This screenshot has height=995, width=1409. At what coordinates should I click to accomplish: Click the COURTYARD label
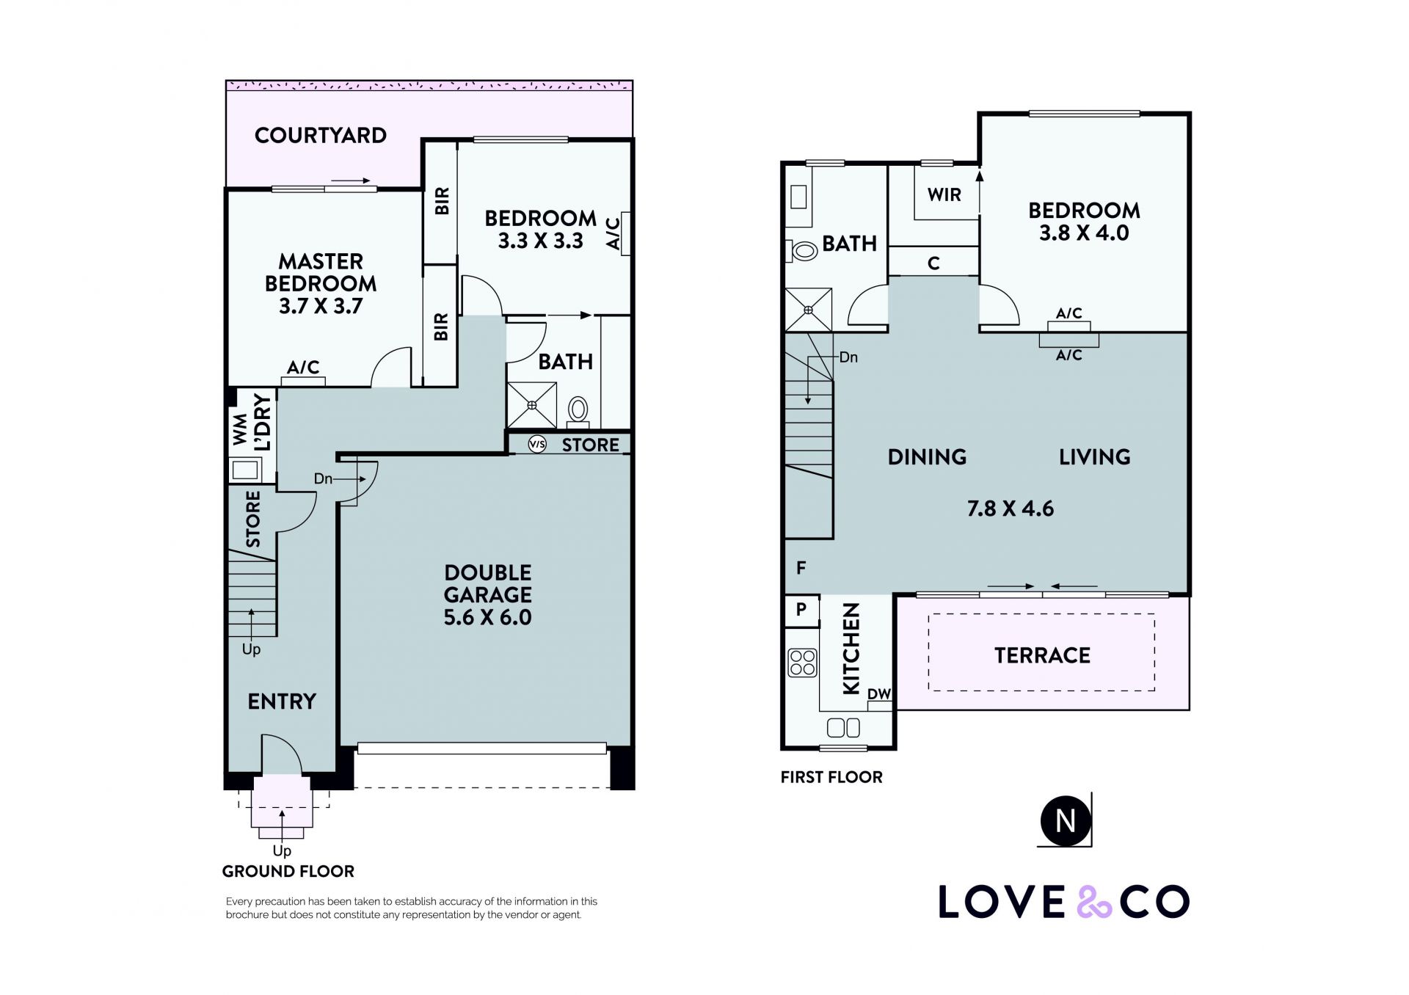(x=321, y=135)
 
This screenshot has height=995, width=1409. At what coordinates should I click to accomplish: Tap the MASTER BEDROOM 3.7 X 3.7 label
(x=321, y=283)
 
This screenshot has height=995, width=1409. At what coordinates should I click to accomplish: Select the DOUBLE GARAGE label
(x=488, y=583)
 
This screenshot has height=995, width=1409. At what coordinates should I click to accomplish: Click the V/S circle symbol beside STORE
(x=537, y=444)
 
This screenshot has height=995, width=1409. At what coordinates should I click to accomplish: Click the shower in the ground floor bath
(x=532, y=404)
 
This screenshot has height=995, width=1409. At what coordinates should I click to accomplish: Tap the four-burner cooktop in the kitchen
(x=802, y=663)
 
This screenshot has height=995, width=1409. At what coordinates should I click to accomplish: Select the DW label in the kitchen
(x=879, y=694)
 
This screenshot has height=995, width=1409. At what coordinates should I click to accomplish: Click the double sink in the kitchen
(x=843, y=728)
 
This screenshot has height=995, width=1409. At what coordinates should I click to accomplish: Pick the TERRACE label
(x=1042, y=655)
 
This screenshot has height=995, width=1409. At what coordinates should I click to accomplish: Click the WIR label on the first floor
(x=944, y=194)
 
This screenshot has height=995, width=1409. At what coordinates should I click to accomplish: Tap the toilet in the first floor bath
(x=802, y=251)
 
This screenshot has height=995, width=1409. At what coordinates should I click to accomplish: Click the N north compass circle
(x=1065, y=820)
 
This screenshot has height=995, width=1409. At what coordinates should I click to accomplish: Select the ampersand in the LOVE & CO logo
(x=1093, y=902)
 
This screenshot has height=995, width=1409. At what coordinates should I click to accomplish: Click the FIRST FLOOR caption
(x=831, y=777)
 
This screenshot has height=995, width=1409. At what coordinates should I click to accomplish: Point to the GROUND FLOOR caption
(x=288, y=871)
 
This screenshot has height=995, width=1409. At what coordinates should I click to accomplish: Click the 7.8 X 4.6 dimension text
(x=1011, y=509)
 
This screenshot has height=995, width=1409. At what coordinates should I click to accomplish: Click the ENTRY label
(x=282, y=701)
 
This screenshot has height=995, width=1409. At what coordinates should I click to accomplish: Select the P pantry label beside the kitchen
(x=801, y=609)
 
